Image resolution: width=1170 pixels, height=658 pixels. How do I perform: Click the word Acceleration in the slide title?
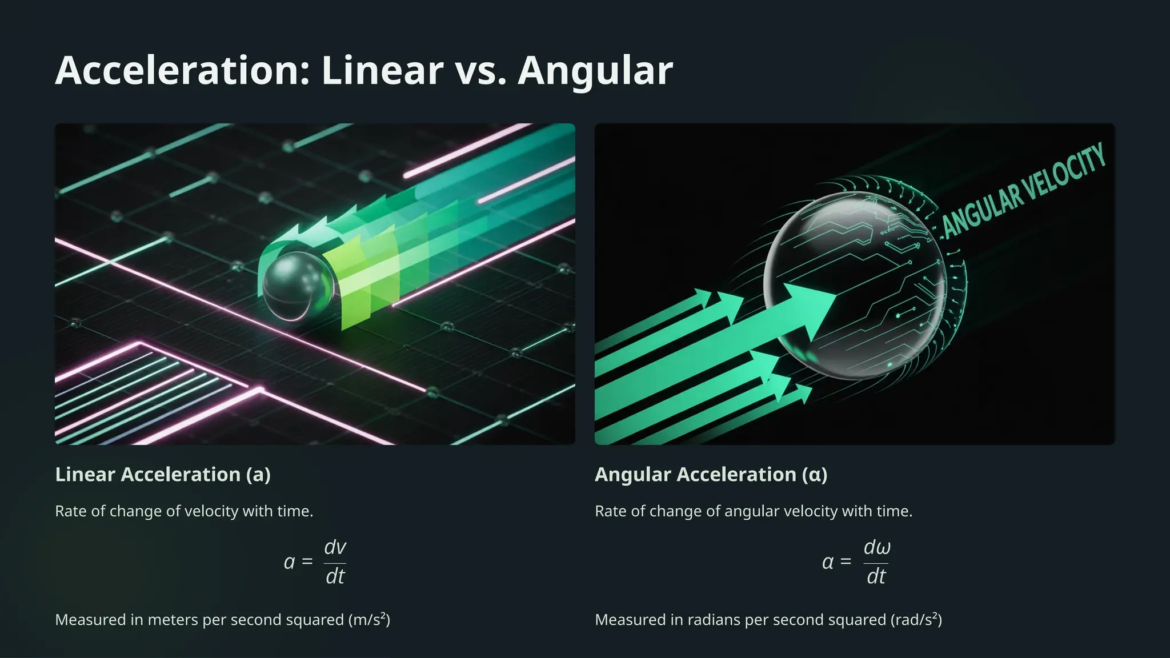182,71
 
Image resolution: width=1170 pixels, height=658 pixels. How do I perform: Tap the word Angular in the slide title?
595,71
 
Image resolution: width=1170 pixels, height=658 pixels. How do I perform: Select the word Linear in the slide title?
382,71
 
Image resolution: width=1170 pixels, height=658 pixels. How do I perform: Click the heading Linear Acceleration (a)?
163,475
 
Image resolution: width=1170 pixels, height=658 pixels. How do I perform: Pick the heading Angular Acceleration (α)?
711,475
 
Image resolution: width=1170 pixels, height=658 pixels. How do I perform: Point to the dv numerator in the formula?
335,547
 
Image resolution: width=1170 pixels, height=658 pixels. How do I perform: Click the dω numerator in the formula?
876,547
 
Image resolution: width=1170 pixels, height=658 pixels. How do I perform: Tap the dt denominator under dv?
335,576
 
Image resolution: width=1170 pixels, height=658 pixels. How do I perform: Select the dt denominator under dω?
876,576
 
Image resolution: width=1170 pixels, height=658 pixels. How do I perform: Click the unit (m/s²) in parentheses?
369,620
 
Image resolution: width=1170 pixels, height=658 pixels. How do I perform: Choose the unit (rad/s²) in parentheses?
916,620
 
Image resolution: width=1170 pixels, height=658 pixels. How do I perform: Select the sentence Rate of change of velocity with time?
184,511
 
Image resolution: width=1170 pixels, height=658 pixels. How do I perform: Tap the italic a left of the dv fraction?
289,563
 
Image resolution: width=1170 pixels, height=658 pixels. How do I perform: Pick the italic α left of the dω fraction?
828,563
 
